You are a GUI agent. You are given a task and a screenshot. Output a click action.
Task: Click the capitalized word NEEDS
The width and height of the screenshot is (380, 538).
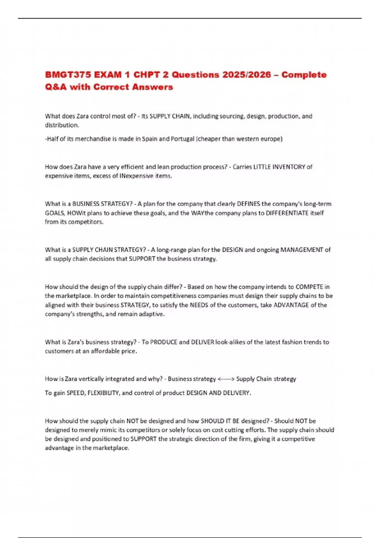pos(199,305)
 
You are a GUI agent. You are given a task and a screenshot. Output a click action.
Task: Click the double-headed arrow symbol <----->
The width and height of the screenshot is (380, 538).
pos(226,379)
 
